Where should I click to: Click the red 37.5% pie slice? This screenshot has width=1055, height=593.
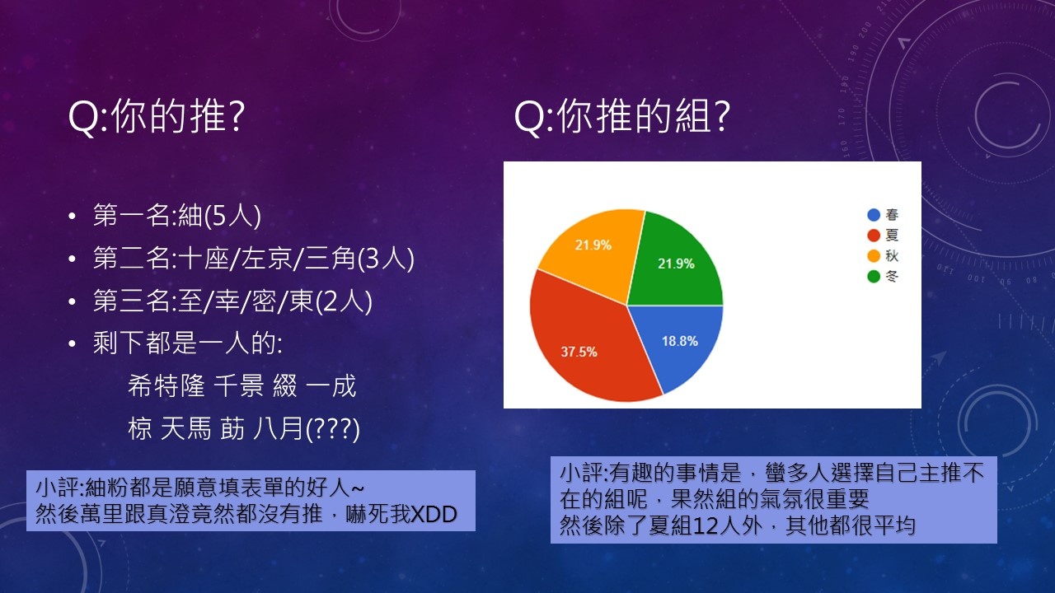tap(584, 343)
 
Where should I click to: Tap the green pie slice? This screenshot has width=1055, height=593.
tap(676, 264)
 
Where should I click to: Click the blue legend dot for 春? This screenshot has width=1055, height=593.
tap(874, 215)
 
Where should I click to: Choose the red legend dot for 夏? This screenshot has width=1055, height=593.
tap(874, 236)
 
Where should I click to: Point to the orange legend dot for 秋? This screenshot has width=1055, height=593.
tap(874, 255)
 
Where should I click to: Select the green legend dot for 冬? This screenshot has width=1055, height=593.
tap(874, 276)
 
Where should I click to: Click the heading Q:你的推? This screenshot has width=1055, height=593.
tap(157, 116)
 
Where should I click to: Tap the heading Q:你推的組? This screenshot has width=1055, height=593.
tap(621, 116)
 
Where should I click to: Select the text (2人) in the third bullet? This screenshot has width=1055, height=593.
tap(344, 301)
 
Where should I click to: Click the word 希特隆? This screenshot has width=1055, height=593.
tap(166, 386)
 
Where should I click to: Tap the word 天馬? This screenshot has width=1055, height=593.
tap(185, 428)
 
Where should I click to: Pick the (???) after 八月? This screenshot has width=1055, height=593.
tap(332, 429)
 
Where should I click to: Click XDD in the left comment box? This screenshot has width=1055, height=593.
tap(434, 514)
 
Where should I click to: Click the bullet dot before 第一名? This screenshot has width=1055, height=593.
tap(72, 216)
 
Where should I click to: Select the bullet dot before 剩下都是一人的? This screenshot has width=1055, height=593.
tap(72, 344)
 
